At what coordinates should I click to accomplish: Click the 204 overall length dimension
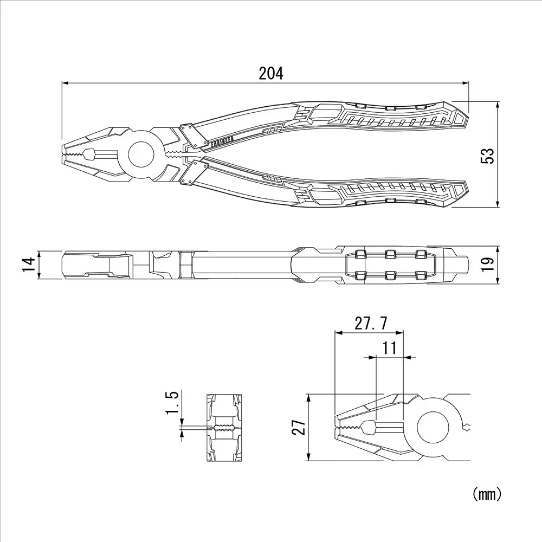(270, 73)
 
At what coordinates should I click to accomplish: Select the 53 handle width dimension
(488, 156)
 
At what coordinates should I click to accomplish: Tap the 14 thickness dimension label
(29, 265)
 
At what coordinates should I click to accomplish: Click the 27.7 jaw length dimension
(371, 324)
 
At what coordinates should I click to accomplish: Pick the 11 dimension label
(390, 347)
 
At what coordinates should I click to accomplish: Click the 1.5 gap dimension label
(173, 403)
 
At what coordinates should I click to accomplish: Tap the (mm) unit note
(486, 494)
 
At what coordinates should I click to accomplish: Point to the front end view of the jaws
(224, 428)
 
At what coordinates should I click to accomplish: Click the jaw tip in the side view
(64, 265)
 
